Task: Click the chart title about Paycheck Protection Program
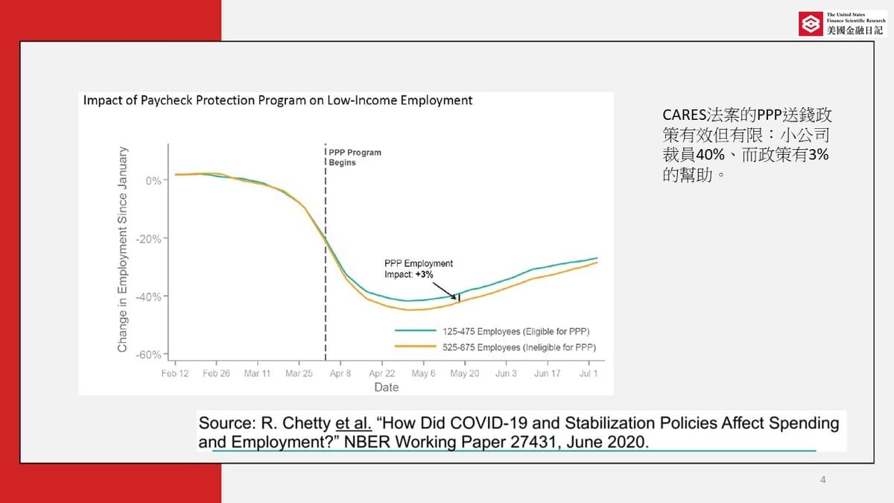point(278,100)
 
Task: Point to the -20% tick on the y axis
point(151,238)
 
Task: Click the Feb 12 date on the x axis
point(175,373)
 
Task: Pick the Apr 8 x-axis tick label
point(340,373)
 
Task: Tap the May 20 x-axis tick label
point(464,373)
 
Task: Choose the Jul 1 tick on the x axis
point(589,373)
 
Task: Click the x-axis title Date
point(386,387)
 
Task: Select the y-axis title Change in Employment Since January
point(122,249)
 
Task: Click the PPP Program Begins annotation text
point(355,157)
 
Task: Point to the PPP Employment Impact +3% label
point(418,269)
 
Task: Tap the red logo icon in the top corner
point(810,25)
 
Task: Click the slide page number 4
point(822,480)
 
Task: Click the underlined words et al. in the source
point(353,423)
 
